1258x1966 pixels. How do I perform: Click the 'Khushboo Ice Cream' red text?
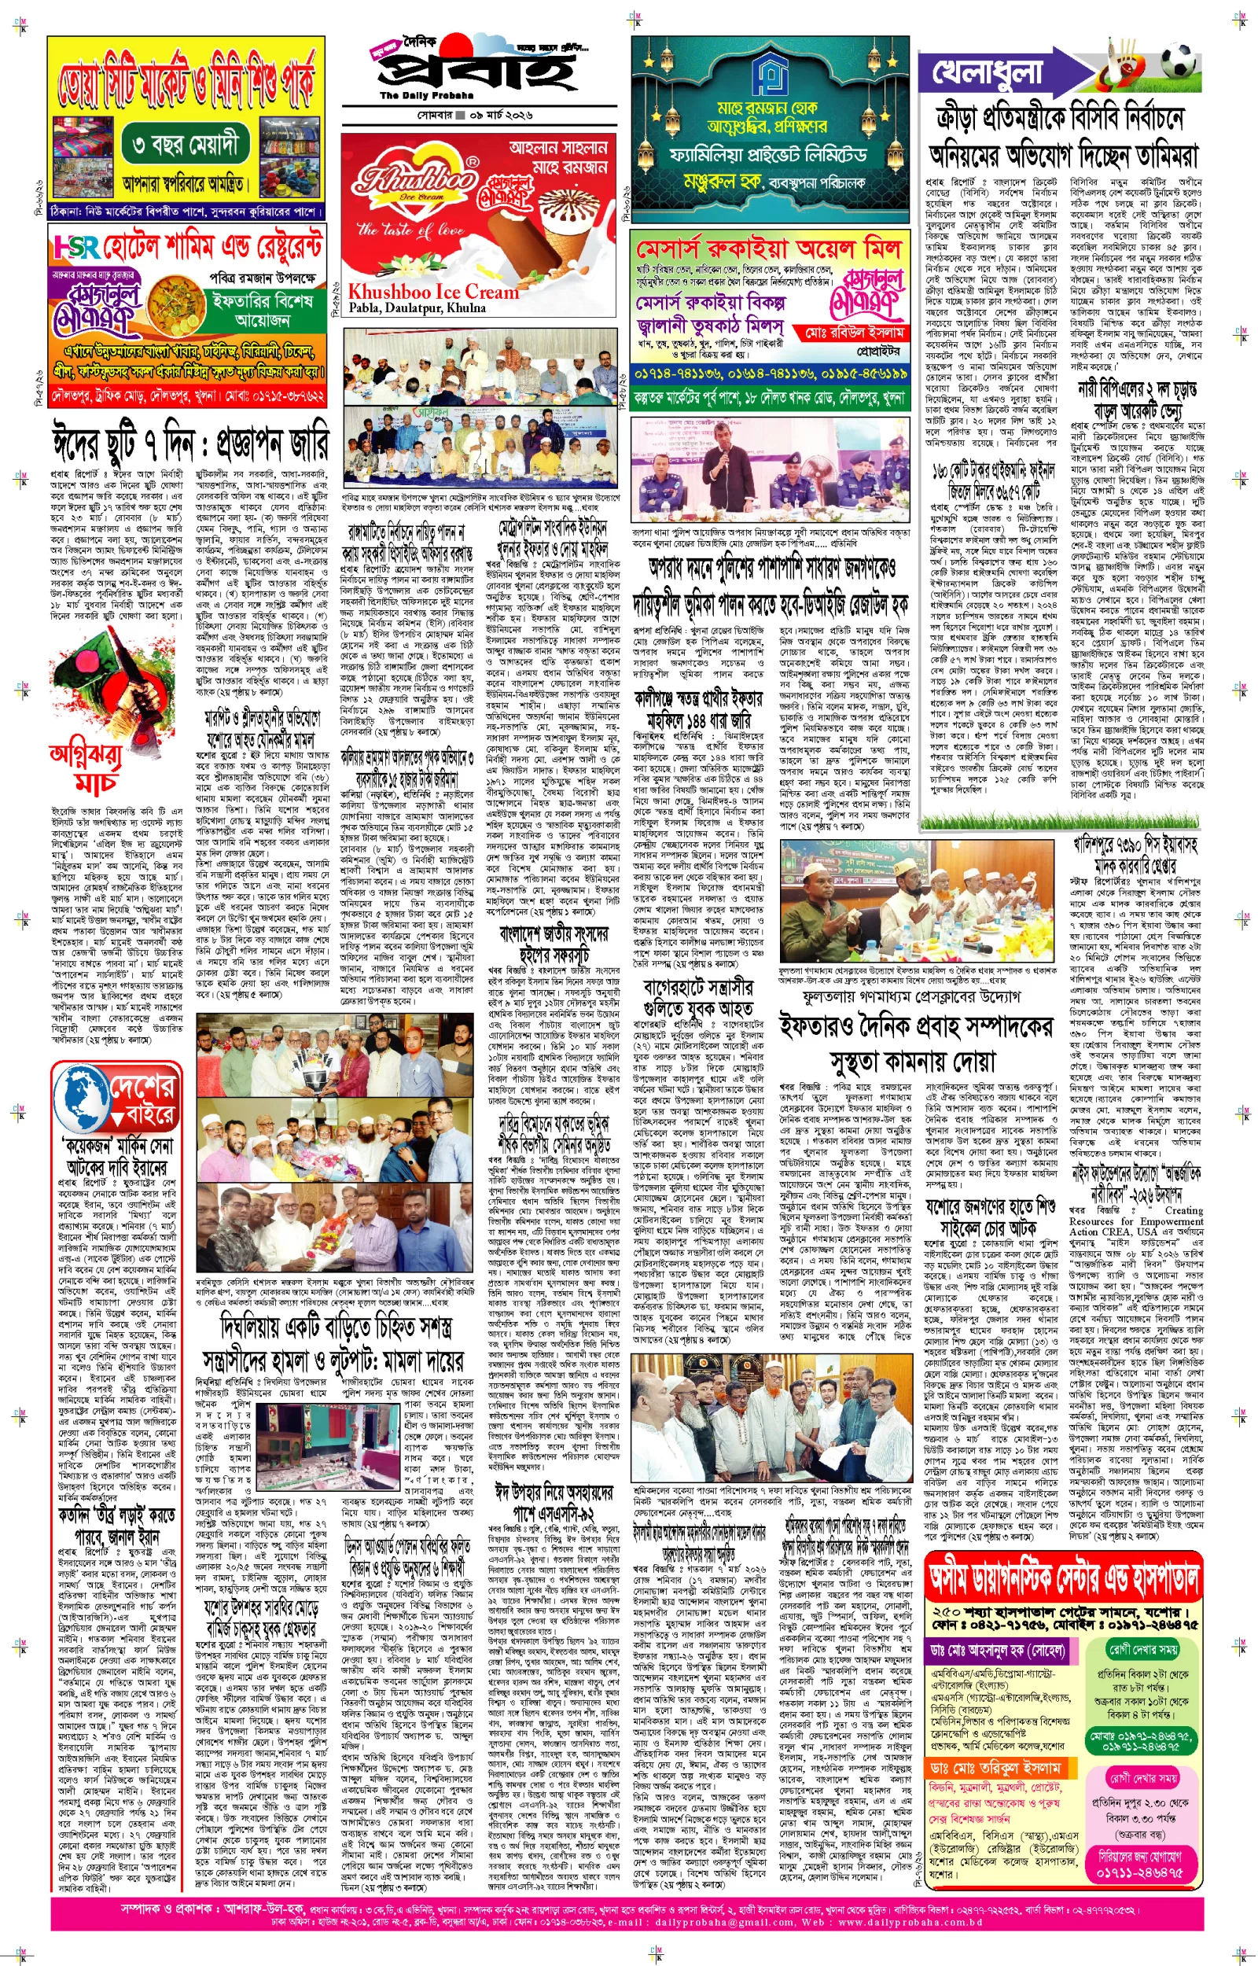coord(433,292)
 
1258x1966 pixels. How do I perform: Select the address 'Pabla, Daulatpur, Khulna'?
coord(417,308)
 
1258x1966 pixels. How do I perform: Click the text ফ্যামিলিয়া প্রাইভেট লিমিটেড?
coord(768,154)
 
